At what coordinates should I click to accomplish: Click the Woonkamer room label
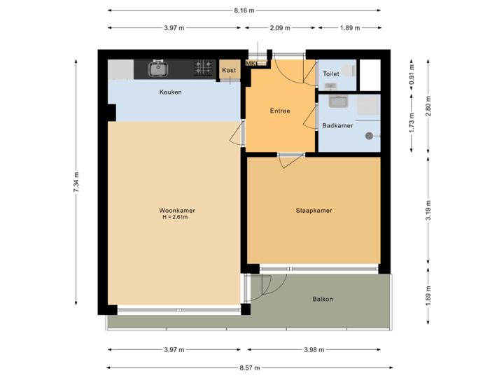coord(176,210)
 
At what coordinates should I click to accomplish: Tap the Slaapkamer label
coord(313,210)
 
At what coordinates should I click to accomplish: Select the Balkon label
coord(323,299)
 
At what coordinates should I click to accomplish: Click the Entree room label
coord(280,111)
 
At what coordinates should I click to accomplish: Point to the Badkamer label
coord(337,126)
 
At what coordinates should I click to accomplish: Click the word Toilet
coord(331,73)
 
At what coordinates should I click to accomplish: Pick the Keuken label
coord(171,92)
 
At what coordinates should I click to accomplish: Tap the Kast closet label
coord(228,70)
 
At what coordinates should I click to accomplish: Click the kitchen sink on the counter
coord(157,68)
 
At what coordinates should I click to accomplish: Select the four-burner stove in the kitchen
coord(204,68)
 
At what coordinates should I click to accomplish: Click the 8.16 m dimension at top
coord(244,10)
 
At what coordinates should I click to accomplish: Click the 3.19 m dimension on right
coord(428,210)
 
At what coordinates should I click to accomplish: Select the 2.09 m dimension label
coord(280,28)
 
